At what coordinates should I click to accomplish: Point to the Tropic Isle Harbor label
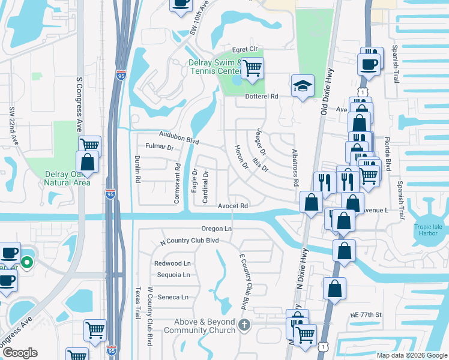(x=430, y=230)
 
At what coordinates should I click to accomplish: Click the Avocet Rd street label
(x=234, y=205)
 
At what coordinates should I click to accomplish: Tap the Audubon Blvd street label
(x=179, y=137)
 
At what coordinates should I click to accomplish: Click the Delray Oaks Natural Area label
(x=67, y=178)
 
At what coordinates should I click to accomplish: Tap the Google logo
(x=20, y=353)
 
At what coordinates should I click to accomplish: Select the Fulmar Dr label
(x=159, y=147)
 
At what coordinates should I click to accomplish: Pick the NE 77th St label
(x=367, y=314)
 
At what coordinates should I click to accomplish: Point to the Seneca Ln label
(x=173, y=297)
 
